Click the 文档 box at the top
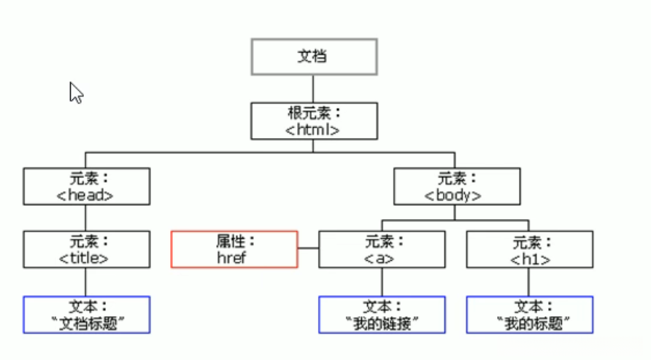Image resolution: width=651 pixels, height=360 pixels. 315,56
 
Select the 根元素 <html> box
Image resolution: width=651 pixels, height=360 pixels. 315,121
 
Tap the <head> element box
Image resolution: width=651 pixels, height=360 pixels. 86,186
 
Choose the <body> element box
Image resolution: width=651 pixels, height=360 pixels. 457,186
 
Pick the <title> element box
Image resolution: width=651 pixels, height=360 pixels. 86,250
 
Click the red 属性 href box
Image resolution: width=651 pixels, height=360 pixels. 234,250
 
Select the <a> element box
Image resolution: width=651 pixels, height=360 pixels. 382,250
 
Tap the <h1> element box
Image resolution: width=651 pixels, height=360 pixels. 530,250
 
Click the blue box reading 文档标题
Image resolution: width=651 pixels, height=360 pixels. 86,315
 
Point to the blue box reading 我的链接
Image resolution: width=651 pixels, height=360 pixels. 382,315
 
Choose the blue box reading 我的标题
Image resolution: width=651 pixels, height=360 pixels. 530,315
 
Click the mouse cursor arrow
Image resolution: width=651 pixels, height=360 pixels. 75,92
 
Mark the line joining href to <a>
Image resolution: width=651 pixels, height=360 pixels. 308,249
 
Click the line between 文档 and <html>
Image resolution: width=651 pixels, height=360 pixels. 314,88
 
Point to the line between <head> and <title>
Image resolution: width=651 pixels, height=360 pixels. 85,218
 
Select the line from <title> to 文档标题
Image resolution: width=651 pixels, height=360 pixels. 85,282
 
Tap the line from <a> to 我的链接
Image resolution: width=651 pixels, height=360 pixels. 382,282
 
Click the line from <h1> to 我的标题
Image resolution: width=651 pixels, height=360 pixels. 530,282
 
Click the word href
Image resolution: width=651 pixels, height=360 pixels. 234,257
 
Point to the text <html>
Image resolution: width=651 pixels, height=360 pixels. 314,130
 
